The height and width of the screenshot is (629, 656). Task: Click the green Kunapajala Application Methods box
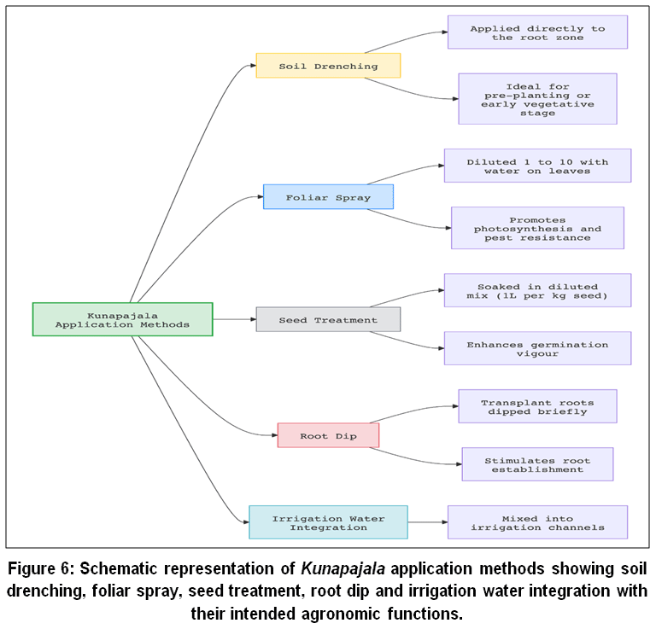(123, 319)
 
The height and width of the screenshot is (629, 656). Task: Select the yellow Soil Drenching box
(328, 66)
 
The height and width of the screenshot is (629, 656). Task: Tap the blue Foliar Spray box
(328, 197)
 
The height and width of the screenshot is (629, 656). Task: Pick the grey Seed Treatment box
(328, 320)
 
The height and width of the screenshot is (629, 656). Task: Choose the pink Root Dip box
(328, 435)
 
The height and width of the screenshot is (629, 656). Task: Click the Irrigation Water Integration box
(328, 522)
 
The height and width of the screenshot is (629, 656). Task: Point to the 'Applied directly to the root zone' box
(537, 32)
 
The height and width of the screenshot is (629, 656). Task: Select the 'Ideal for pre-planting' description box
(537, 99)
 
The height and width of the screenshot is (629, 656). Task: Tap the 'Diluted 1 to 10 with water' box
(537, 166)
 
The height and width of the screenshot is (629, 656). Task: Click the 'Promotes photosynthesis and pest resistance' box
(537, 228)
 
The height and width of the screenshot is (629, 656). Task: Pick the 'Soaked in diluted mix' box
(537, 290)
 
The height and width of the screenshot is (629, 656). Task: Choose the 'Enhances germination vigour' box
(537, 348)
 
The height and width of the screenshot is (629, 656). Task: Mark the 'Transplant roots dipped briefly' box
(537, 406)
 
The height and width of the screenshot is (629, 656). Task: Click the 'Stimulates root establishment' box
(537, 464)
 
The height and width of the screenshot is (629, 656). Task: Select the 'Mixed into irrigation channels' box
(537, 522)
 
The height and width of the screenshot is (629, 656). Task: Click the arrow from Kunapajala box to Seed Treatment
(234, 319)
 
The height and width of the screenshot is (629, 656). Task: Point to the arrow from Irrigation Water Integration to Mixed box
(428, 522)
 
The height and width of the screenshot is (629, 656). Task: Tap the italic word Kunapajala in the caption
(343, 568)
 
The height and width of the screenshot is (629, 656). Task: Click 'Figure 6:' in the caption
(41, 568)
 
